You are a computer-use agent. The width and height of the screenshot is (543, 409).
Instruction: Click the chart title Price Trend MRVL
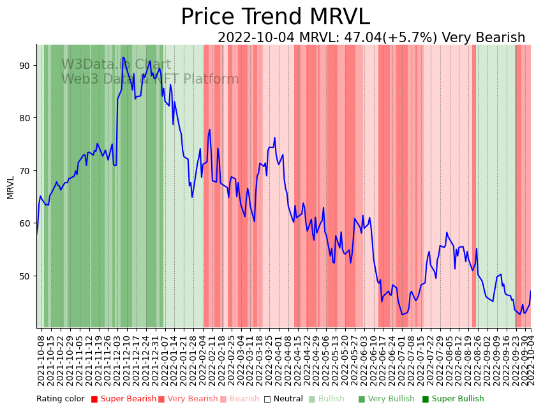pos(275,17)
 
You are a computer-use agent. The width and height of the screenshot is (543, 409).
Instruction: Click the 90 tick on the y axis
pos(29,66)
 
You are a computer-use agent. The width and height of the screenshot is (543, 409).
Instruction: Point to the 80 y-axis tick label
pos(29,118)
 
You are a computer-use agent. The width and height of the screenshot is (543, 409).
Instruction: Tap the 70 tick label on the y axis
pos(29,171)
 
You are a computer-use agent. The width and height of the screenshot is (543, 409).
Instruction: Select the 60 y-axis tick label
pos(29,223)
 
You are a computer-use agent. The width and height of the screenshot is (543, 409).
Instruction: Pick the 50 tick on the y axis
pos(29,276)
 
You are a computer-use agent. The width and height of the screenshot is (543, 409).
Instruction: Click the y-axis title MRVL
pos(11,187)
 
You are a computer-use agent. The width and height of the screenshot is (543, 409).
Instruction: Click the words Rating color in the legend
pos(60,399)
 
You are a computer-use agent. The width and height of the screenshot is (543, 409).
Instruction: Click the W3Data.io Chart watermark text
pos(116,64)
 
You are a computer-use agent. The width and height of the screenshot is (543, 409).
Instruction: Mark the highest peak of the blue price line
pos(123,57)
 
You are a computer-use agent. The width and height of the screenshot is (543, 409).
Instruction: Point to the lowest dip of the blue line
pos(403,315)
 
